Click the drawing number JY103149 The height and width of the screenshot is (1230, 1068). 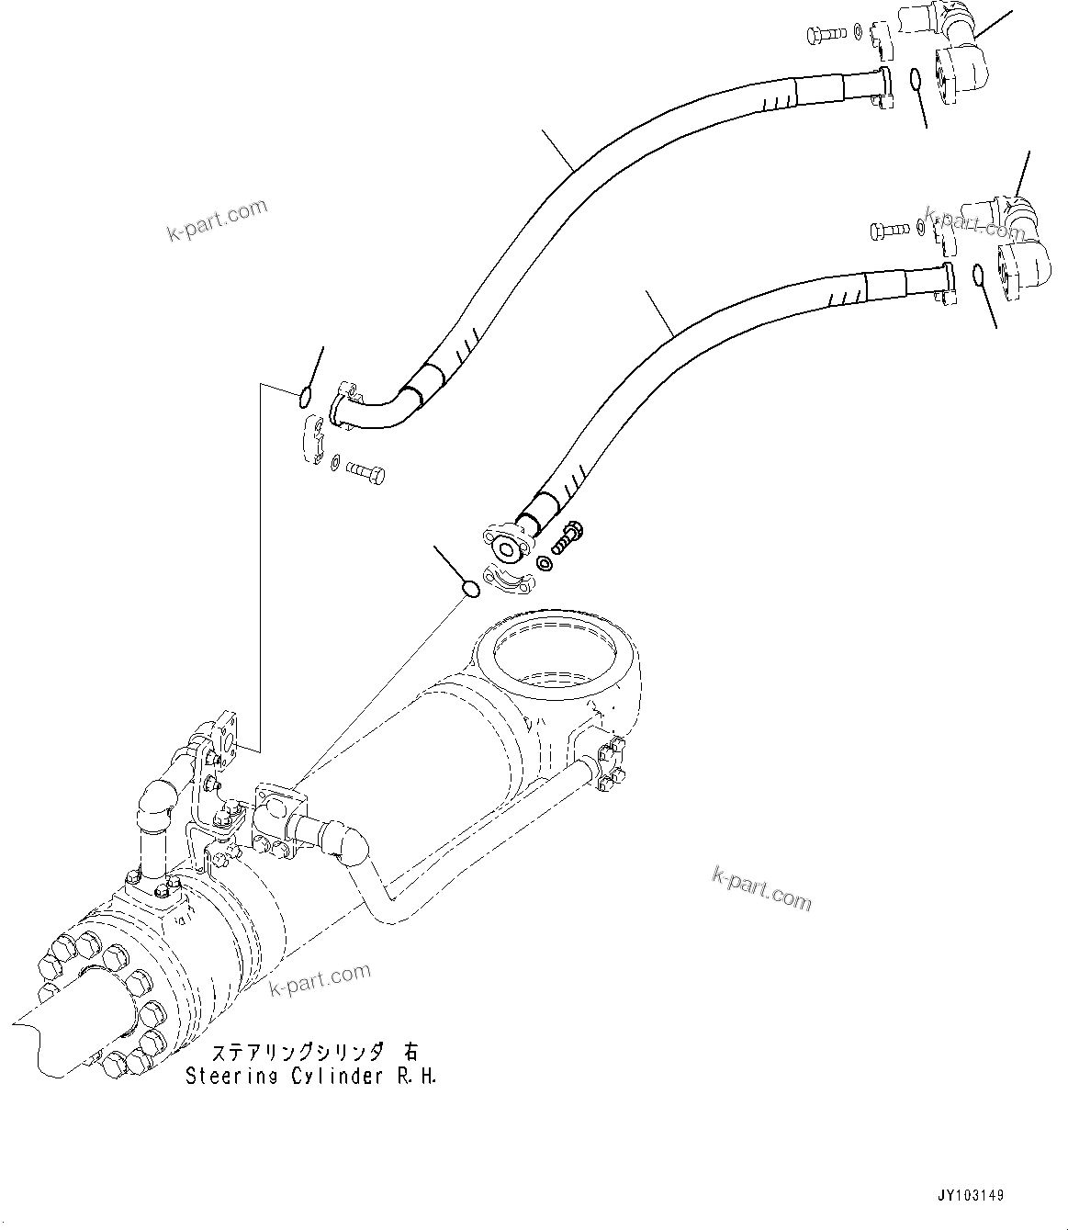[x=972, y=1196]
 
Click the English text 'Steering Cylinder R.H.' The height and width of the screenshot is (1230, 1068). [x=310, y=1077]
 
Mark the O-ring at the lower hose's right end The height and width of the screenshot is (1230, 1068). [x=979, y=274]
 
